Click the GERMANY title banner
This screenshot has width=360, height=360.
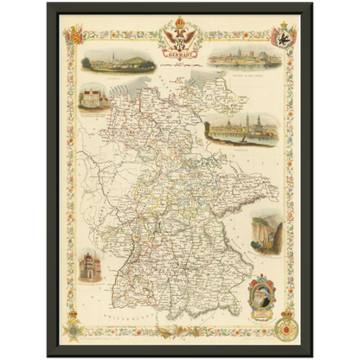pyautogui.click(x=180, y=54)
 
